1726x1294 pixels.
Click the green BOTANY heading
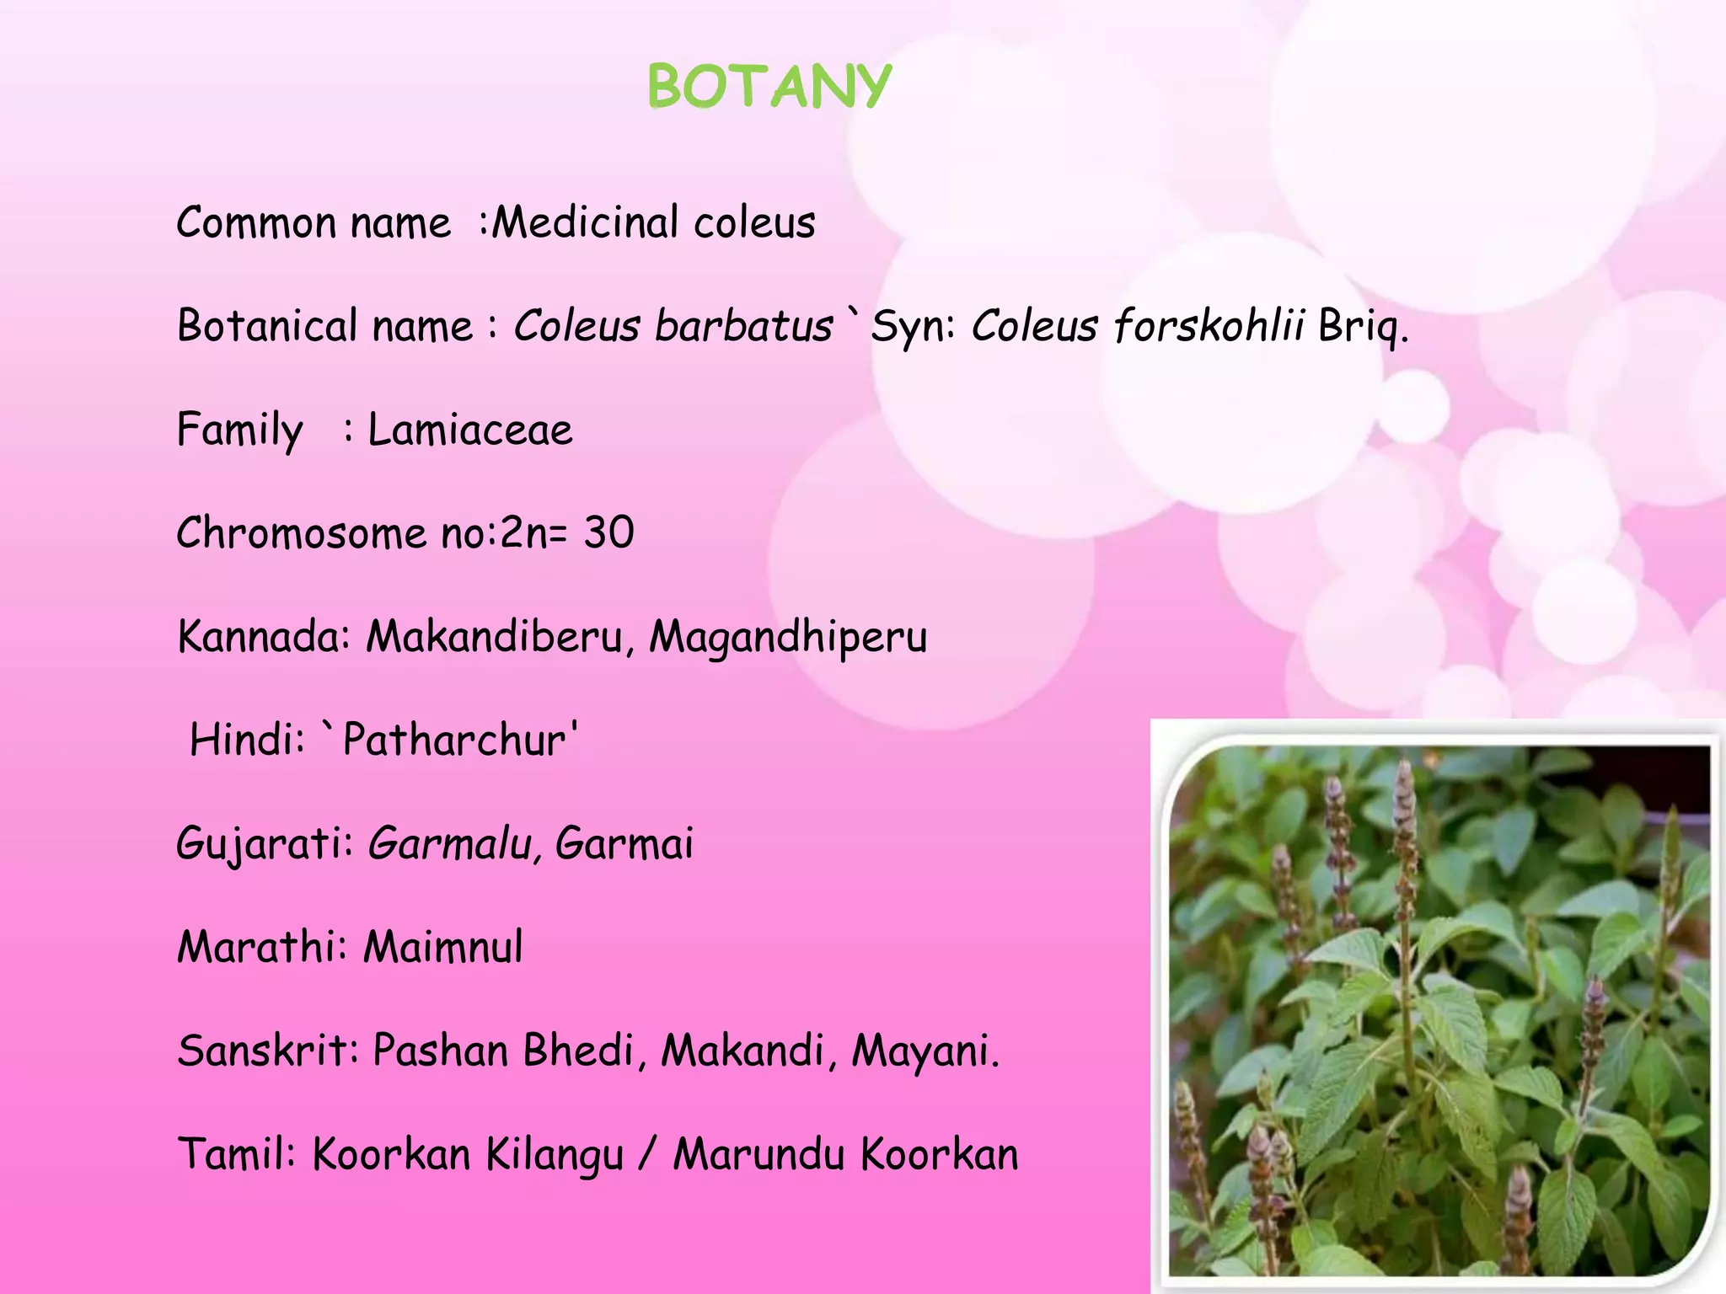pyautogui.click(x=769, y=87)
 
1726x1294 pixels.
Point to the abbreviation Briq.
pyautogui.click(x=1363, y=327)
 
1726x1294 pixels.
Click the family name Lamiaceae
pyautogui.click(x=470, y=430)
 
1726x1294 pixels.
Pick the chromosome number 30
pyautogui.click(x=608, y=532)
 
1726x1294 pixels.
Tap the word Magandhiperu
pyautogui.click(x=787, y=638)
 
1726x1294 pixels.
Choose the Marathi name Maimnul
pyautogui.click(x=442, y=947)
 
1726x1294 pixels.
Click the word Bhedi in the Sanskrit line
pyautogui.click(x=578, y=1051)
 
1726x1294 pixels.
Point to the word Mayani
pyautogui.click(x=925, y=1051)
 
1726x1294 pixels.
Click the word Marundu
pyautogui.click(x=758, y=1154)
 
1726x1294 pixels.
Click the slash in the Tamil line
pyautogui.click(x=646, y=1154)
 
